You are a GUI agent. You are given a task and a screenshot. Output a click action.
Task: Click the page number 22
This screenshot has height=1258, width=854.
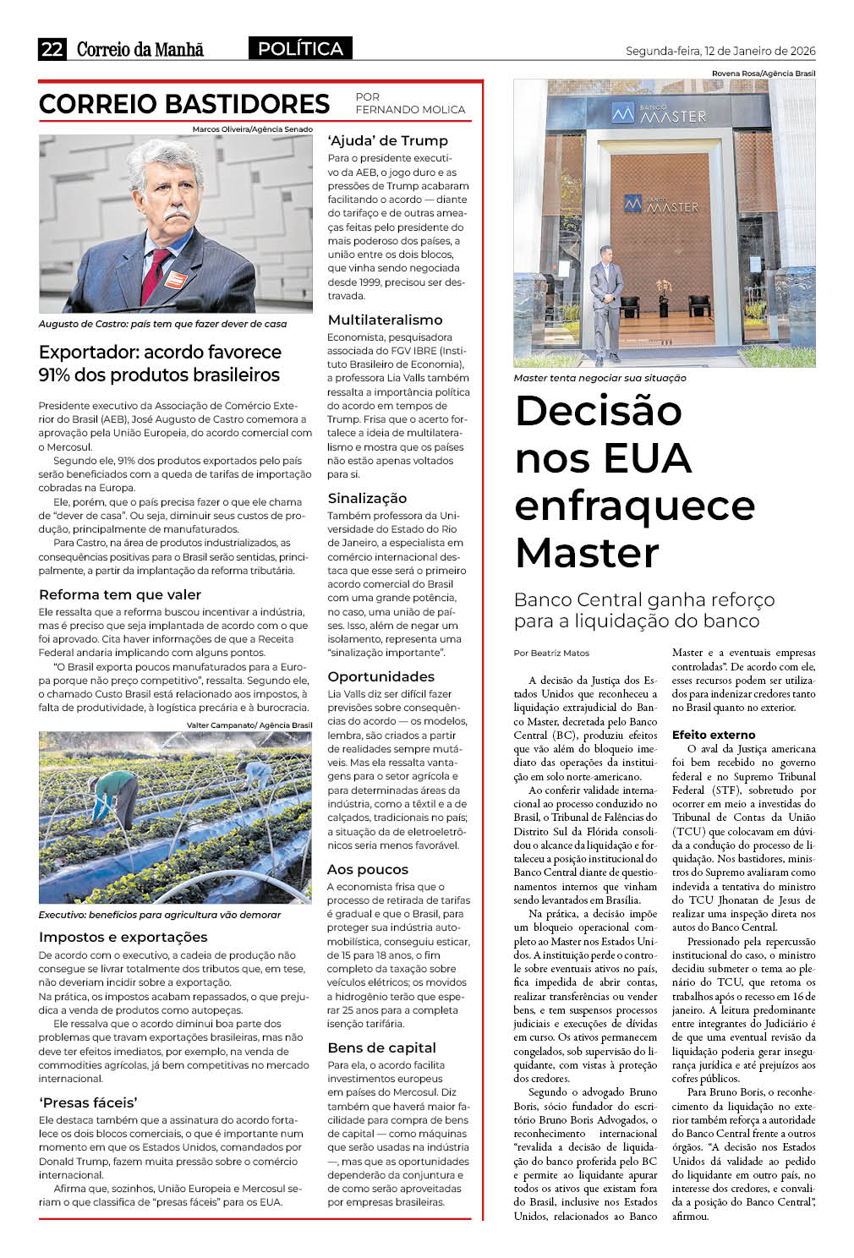point(52,49)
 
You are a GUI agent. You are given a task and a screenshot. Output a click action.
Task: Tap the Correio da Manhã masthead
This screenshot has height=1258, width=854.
point(140,49)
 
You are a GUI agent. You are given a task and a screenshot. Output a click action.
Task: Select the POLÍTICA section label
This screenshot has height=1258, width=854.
point(300,49)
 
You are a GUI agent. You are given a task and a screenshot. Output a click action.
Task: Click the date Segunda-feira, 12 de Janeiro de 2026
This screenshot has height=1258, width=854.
point(720,51)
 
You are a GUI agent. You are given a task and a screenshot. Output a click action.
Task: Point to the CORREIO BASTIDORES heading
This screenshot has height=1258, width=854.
point(184,104)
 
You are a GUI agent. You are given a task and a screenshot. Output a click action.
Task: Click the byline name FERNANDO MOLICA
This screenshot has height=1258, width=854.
point(410,110)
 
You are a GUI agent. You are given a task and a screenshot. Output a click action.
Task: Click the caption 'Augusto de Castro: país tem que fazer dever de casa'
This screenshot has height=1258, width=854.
point(162,324)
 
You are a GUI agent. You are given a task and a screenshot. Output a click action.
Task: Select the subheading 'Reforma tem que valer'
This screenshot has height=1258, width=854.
point(120,594)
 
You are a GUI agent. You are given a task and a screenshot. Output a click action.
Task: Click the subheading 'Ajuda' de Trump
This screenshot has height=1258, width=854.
point(388,140)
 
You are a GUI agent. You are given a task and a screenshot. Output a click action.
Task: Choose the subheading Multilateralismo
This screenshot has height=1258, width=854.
point(385,320)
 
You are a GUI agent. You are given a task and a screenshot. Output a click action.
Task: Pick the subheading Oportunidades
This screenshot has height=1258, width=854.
point(380,676)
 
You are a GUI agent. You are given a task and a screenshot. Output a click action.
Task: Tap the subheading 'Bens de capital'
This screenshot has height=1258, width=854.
point(381,1047)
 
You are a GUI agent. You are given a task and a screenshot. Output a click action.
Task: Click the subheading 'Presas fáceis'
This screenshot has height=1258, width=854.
point(89,1102)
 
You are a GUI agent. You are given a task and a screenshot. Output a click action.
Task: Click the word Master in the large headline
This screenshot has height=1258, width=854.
point(587,553)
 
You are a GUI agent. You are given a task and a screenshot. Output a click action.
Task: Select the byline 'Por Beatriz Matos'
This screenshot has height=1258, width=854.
point(551,653)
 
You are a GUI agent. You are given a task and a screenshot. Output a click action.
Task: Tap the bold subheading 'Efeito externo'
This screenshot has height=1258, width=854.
point(714,735)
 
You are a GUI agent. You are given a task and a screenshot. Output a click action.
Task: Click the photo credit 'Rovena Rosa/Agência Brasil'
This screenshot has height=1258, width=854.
point(763,74)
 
